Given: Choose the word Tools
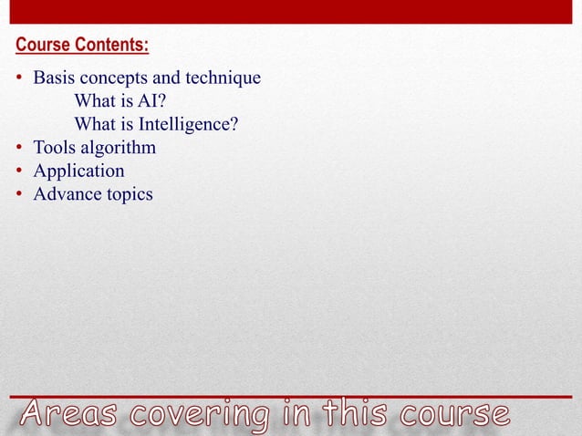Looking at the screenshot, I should (x=55, y=148).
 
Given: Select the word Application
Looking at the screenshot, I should (x=78, y=171).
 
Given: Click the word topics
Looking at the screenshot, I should (x=127, y=194).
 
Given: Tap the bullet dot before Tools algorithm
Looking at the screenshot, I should (x=19, y=148).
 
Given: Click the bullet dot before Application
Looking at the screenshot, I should (x=19, y=171).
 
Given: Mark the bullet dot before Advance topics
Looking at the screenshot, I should (x=19, y=194).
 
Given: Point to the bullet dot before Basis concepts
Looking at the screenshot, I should (x=19, y=78).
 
